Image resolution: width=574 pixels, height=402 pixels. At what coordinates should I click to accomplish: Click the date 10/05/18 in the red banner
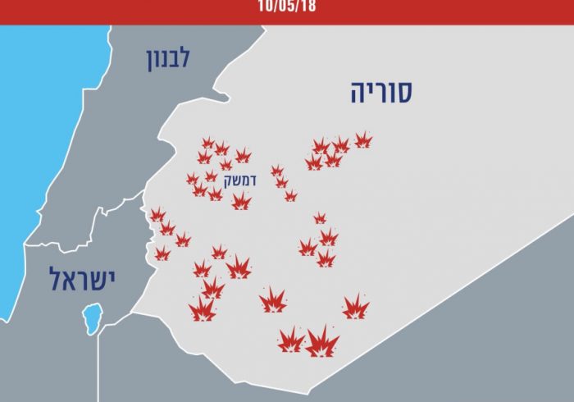pyautogui.click(x=286, y=7)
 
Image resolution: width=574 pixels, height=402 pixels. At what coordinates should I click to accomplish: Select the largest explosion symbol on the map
pyautogui.click(x=322, y=341)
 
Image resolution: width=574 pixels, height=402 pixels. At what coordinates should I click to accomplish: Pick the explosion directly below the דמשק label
pyautogui.click(x=240, y=200)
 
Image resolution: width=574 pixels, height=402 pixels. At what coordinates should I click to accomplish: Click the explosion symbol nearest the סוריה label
pyautogui.click(x=362, y=139)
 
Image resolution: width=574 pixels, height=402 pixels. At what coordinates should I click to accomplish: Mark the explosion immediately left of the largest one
pyautogui.click(x=290, y=340)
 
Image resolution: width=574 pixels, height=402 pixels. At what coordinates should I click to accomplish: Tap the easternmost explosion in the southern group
pyautogui.click(x=355, y=307)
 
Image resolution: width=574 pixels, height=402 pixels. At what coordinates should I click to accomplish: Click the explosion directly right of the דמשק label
pyautogui.click(x=278, y=171)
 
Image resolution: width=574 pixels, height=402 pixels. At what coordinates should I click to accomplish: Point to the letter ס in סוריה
pyautogui.click(x=405, y=93)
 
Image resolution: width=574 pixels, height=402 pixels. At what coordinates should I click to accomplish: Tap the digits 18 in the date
pyautogui.click(x=307, y=7)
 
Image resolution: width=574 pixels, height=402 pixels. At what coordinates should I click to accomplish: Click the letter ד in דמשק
pyautogui.click(x=253, y=178)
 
